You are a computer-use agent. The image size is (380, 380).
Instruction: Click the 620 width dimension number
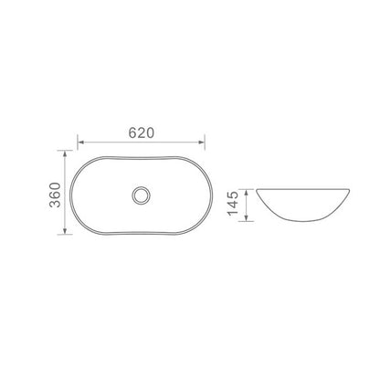tap(142, 132)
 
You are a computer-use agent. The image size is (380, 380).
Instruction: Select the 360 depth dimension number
tap(55, 195)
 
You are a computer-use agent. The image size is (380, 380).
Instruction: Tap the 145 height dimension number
tap(233, 203)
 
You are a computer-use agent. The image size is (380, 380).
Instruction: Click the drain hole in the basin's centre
tap(142, 195)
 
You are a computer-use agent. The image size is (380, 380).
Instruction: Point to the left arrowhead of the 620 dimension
tap(80, 142)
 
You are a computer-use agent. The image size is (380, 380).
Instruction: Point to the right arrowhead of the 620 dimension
tap(201, 142)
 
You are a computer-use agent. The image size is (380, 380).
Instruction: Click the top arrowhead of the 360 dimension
tap(65, 153)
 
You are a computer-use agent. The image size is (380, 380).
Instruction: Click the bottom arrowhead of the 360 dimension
tap(65, 231)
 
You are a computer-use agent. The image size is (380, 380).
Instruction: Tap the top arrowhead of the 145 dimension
tap(247, 193)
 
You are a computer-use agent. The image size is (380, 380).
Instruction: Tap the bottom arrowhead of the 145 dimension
tap(247, 217)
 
